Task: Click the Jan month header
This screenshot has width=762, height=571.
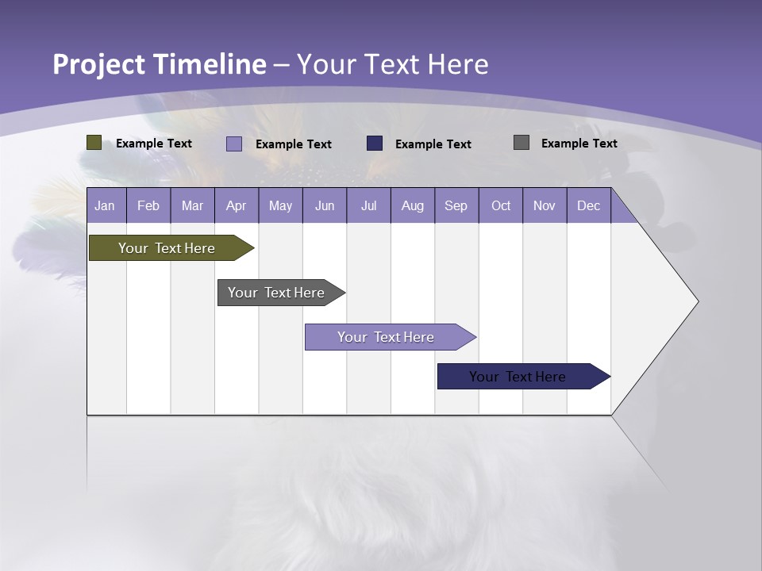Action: (105, 205)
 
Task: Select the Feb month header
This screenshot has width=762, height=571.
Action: (148, 205)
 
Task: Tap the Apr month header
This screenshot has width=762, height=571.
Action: (236, 205)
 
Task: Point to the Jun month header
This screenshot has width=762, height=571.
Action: (325, 205)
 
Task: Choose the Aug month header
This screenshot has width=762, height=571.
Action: (412, 205)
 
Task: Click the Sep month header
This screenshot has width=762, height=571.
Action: (456, 205)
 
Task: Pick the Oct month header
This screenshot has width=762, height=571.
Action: (501, 205)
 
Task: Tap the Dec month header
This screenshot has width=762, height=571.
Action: (588, 205)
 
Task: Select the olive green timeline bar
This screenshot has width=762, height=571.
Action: (167, 248)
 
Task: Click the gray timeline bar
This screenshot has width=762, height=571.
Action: (276, 293)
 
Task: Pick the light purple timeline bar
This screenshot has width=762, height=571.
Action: (386, 337)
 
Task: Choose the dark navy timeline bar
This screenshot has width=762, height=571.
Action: (518, 377)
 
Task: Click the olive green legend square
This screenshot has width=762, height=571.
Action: (94, 143)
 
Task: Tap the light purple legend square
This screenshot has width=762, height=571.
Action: (234, 144)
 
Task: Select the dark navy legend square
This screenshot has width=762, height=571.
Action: (375, 144)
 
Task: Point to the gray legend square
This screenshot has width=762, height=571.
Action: (521, 143)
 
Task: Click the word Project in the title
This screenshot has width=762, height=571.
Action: (98, 64)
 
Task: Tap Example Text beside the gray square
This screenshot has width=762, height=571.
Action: (579, 143)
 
